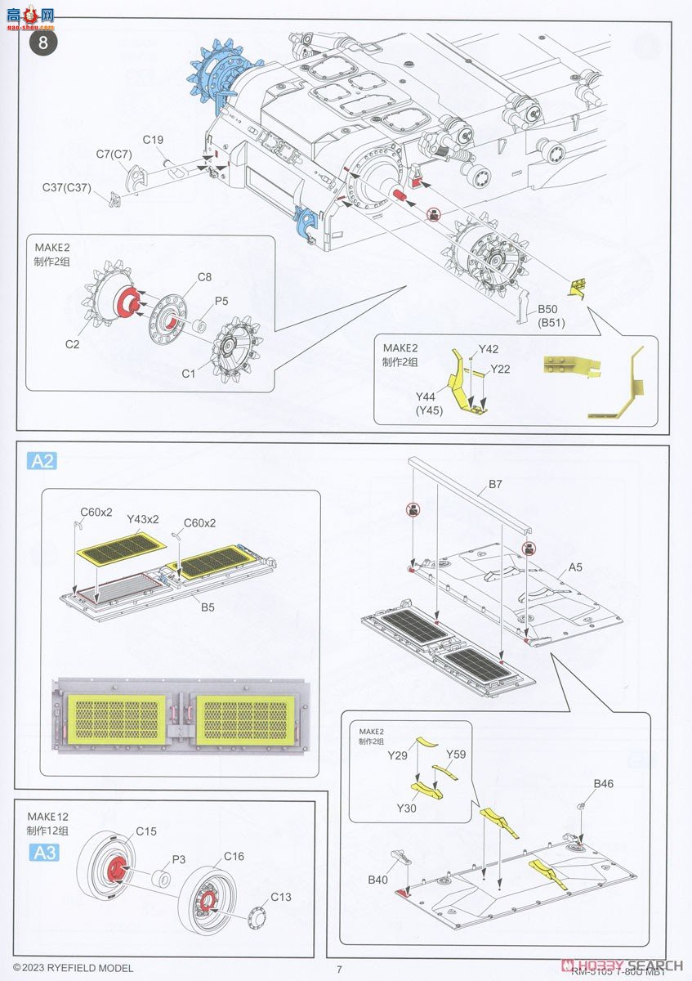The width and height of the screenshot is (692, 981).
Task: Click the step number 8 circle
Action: pyautogui.click(x=42, y=41)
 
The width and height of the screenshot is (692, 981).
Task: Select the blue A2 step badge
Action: pyautogui.click(x=42, y=461)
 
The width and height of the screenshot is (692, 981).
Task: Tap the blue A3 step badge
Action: pyautogui.click(x=42, y=853)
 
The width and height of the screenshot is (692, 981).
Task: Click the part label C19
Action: pyautogui.click(x=154, y=140)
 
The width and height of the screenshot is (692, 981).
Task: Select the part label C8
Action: pyautogui.click(x=182, y=276)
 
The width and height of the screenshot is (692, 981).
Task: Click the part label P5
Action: pyautogui.click(x=221, y=301)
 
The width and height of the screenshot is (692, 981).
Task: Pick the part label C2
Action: pyautogui.click(x=73, y=344)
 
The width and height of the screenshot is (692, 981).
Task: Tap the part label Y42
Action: pyautogui.click(x=489, y=349)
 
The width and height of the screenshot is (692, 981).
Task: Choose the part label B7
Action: pyautogui.click(x=496, y=485)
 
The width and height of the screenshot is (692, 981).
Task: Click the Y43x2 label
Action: pyautogui.click(x=143, y=519)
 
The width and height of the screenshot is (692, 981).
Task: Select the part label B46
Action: pyautogui.click(x=604, y=784)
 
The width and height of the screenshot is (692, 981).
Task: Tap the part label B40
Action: pyautogui.click(x=377, y=880)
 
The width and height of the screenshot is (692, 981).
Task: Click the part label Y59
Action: pyautogui.click(x=456, y=754)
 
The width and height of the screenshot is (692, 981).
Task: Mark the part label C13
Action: pyautogui.click(x=281, y=897)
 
